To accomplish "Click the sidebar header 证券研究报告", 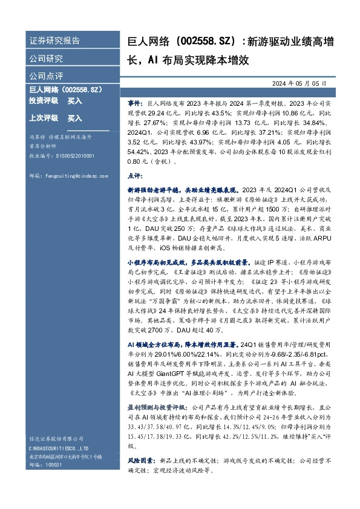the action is coord(55,41).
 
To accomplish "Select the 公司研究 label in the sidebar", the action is coord(47,59).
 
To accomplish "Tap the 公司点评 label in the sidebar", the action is coord(47,76).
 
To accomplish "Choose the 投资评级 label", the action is coord(44,101).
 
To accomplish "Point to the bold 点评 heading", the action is coord(134,175).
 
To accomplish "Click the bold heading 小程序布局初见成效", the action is coord(156,264).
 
